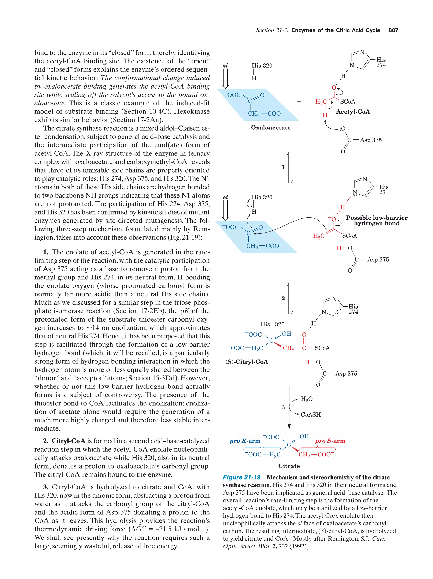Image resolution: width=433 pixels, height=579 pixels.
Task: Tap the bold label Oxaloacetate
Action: (270, 128)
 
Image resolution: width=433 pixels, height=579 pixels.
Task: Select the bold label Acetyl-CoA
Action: (353, 112)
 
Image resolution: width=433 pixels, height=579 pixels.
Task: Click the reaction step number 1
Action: (283, 167)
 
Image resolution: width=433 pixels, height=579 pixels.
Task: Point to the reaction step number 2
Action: (283, 298)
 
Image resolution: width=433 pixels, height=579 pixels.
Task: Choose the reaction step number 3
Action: (283, 407)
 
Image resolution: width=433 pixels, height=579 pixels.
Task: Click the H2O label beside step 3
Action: (307, 399)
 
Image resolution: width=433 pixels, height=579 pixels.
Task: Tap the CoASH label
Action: (310, 415)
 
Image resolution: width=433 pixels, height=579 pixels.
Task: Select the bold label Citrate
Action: (289, 466)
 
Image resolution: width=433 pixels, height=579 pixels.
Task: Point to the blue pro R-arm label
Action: (245, 441)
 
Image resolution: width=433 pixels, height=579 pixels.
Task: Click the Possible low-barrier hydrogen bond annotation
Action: (376, 220)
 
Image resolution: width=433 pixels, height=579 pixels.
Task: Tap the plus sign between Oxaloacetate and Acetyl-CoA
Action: (299, 102)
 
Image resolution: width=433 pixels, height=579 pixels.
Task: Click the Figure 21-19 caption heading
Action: (241, 477)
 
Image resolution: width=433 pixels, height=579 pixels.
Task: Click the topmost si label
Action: (225, 65)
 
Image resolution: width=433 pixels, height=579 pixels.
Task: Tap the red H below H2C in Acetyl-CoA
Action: (325, 115)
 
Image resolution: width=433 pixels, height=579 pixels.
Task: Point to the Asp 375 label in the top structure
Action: (370, 140)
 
